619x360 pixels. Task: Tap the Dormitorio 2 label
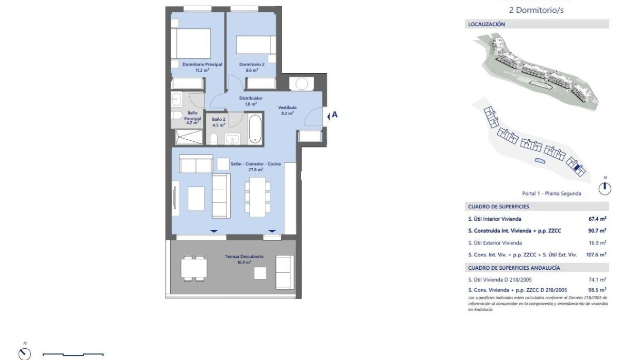[252, 64]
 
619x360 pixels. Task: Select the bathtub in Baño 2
[256, 129]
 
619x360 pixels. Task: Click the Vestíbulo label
[287, 108]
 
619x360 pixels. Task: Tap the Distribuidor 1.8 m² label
[251, 101]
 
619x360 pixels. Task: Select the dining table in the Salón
[256, 195]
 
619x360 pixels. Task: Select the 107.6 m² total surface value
[596, 254]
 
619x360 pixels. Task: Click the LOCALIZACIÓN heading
[486, 24]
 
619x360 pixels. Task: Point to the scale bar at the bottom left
[73, 354]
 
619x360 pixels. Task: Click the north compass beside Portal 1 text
[605, 188]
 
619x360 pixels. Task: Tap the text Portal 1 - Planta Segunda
[551, 193]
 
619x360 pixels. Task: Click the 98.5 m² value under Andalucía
[597, 290]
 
